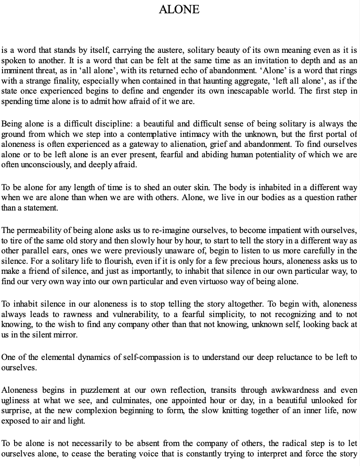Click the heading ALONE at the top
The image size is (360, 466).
[179, 9]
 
